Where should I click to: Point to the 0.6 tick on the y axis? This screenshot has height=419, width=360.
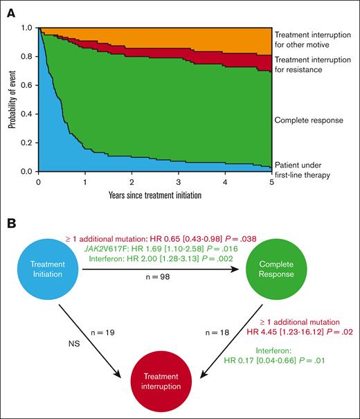click(31, 85)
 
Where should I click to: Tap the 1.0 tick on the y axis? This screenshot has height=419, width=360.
click(31, 28)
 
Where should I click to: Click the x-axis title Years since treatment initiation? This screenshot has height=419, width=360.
click(155, 195)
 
